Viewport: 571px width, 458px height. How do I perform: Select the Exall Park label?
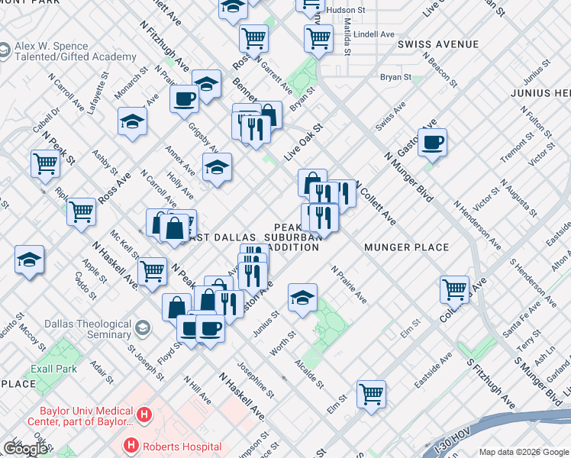point(54,368)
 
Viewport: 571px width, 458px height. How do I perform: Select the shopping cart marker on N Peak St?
point(45,163)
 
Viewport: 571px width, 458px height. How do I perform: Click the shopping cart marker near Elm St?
point(371,394)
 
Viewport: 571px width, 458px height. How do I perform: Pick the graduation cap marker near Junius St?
point(303,297)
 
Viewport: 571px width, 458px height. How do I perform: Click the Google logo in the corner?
point(25,449)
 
